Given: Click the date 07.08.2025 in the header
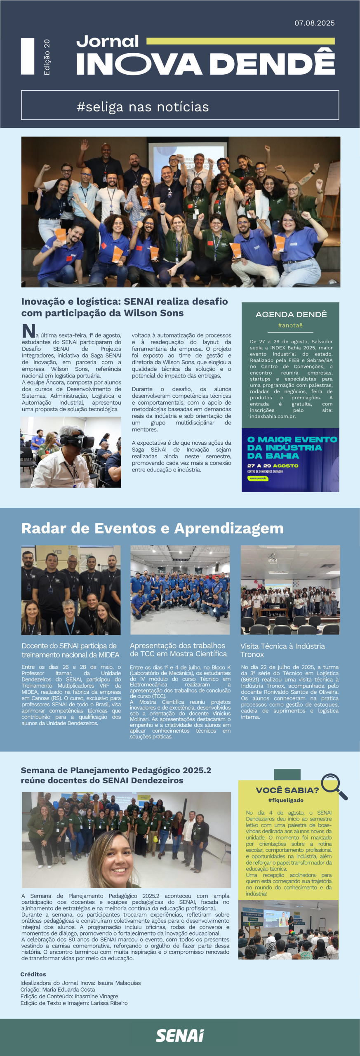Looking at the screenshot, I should click(314, 23).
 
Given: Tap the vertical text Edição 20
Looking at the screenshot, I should click(47, 57).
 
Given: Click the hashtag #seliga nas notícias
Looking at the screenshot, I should click(143, 107).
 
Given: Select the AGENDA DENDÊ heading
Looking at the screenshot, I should click(291, 314).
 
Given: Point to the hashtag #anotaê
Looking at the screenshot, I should click(290, 325).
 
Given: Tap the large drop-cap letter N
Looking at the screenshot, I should click(28, 331).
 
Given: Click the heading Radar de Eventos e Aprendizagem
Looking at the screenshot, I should click(152, 528).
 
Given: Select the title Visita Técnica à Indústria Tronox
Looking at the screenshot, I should click(282, 650).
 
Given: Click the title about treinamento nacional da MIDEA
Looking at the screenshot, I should click(70, 650).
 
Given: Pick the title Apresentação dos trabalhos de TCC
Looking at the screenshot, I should click(178, 650).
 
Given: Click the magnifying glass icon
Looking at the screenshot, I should click(334, 786).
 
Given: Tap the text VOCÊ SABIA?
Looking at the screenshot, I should click(287, 790).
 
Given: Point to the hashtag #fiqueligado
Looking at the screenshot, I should click(286, 800).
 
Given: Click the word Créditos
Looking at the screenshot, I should click(33, 974).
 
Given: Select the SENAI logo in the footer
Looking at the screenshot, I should click(180, 1035).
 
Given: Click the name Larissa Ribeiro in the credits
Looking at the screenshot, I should click(109, 1003).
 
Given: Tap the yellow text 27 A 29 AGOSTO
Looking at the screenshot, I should click(273, 466).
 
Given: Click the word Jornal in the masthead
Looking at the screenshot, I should click(108, 41).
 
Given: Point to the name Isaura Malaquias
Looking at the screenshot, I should click(119, 983).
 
